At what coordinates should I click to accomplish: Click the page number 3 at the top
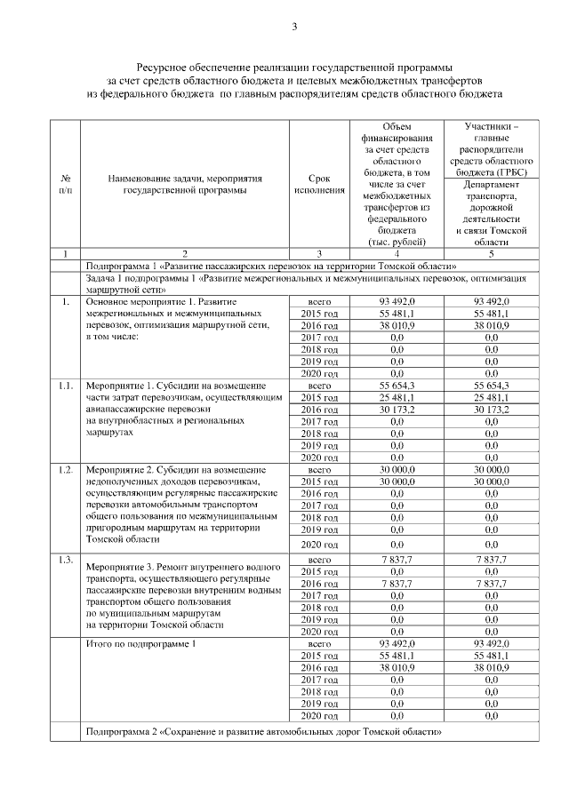click(293, 26)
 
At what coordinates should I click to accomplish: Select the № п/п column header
click(65, 184)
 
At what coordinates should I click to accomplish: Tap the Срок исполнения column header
click(318, 184)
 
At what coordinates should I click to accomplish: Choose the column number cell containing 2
click(184, 254)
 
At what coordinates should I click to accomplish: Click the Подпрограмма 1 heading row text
click(270, 266)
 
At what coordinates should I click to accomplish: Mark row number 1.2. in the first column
click(66, 468)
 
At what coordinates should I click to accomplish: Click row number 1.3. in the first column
click(66, 559)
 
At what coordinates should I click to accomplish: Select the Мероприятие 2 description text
click(184, 503)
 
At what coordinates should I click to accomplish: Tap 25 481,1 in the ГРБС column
click(491, 399)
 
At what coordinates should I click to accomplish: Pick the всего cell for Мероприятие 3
click(318, 560)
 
